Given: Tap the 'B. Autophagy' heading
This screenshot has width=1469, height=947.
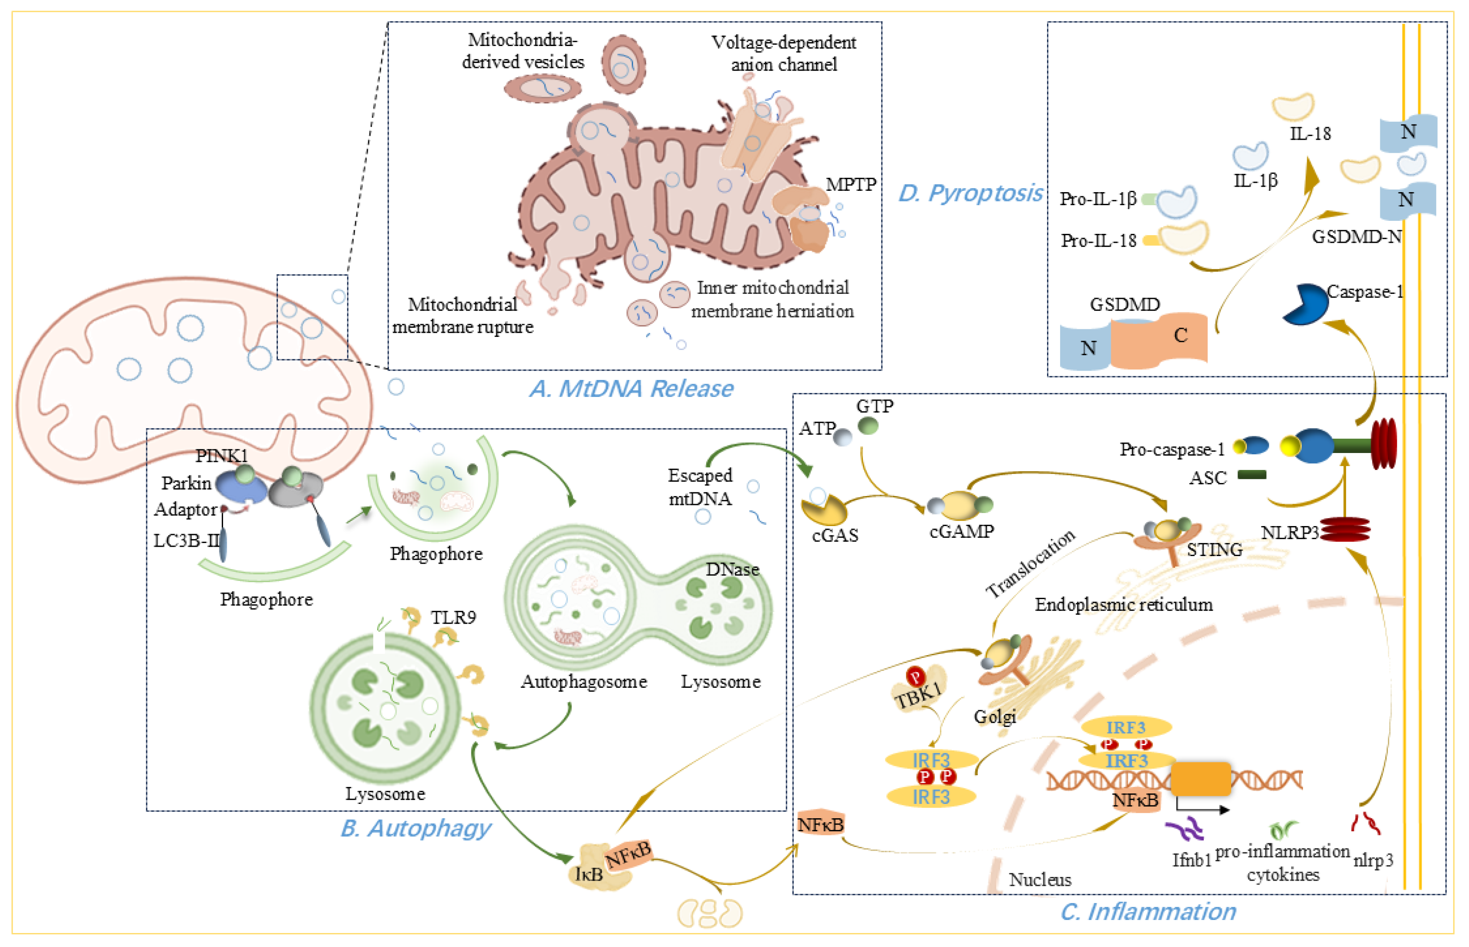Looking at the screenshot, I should coord(416,828).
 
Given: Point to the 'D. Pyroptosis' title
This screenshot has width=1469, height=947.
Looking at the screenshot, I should coord(970,193).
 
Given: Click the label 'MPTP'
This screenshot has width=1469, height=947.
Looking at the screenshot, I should coord(851,185).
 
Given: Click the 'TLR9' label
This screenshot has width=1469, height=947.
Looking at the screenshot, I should coord(453,617).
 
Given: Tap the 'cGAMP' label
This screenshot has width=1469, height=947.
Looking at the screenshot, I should coord(961,531).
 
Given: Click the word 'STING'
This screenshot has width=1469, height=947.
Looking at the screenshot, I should coord(1214,549).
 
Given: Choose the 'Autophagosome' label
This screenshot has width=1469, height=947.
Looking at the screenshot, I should coord(584,681).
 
